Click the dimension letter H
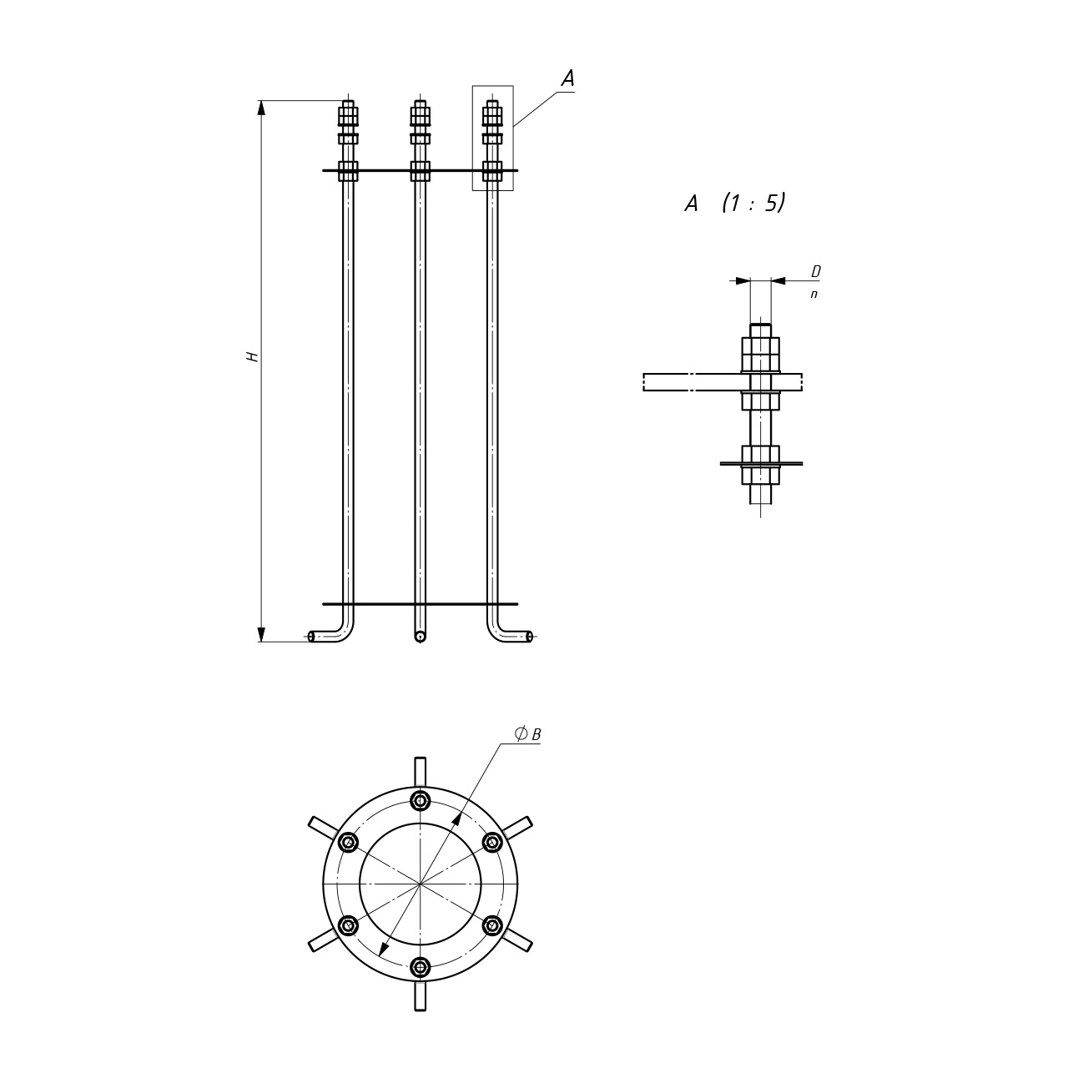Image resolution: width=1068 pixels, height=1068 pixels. (x=252, y=356)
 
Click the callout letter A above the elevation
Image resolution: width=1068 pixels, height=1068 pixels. (x=567, y=78)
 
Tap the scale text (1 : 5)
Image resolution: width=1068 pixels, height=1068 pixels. (x=753, y=203)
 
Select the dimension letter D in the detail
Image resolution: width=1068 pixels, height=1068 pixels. (x=815, y=271)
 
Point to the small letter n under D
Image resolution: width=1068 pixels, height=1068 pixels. (x=814, y=295)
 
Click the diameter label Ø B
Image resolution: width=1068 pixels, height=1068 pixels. (x=527, y=734)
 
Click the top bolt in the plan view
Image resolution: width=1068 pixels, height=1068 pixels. (x=421, y=800)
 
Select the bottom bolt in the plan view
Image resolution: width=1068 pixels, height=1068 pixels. (x=421, y=968)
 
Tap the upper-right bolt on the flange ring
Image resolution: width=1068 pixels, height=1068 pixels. (x=492, y=843)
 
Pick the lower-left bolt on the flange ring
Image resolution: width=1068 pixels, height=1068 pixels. (x=348, y=925)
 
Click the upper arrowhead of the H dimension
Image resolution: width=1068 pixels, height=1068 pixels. (x=262, y=108)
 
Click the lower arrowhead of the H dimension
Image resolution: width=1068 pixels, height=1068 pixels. (x=262, y=634)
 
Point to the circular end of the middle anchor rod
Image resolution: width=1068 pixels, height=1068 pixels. (x=420, y=637)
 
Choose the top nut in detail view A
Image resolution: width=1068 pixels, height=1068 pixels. (x=760, y=355)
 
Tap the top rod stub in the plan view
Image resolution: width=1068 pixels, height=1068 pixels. (x=421, y=772)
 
